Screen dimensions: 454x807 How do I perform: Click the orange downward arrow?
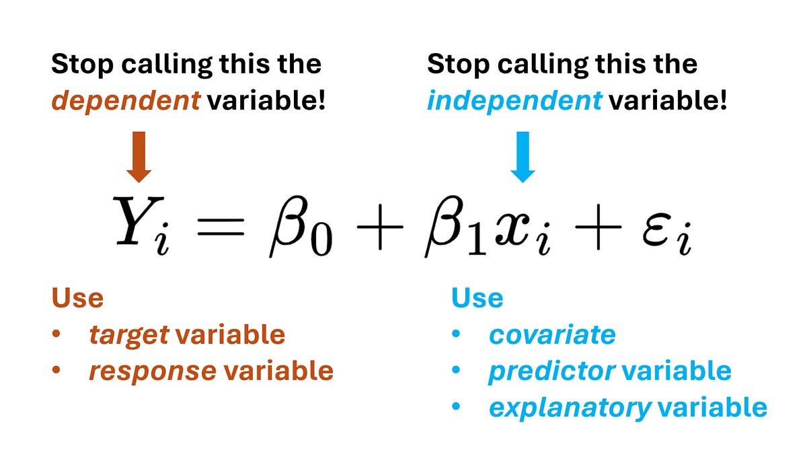point(139,157)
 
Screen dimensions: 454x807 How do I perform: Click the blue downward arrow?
point(523,157)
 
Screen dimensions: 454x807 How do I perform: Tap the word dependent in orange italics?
point(126,102)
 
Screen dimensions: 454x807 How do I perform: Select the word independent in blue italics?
point(514,102)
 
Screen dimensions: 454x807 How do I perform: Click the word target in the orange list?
point(128,335)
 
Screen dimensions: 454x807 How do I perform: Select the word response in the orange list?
point(152,371)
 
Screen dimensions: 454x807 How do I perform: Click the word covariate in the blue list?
point(551,335)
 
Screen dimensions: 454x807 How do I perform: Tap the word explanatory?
point(570,408)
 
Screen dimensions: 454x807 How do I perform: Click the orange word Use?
point(77,298)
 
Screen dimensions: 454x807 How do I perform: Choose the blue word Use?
point(477,298)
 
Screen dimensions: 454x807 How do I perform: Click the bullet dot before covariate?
point(458,335)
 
